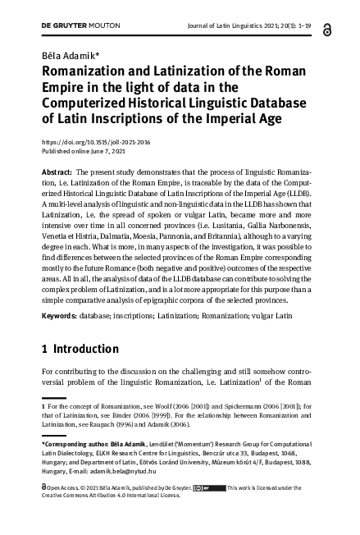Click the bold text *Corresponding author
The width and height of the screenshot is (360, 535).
76,444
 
